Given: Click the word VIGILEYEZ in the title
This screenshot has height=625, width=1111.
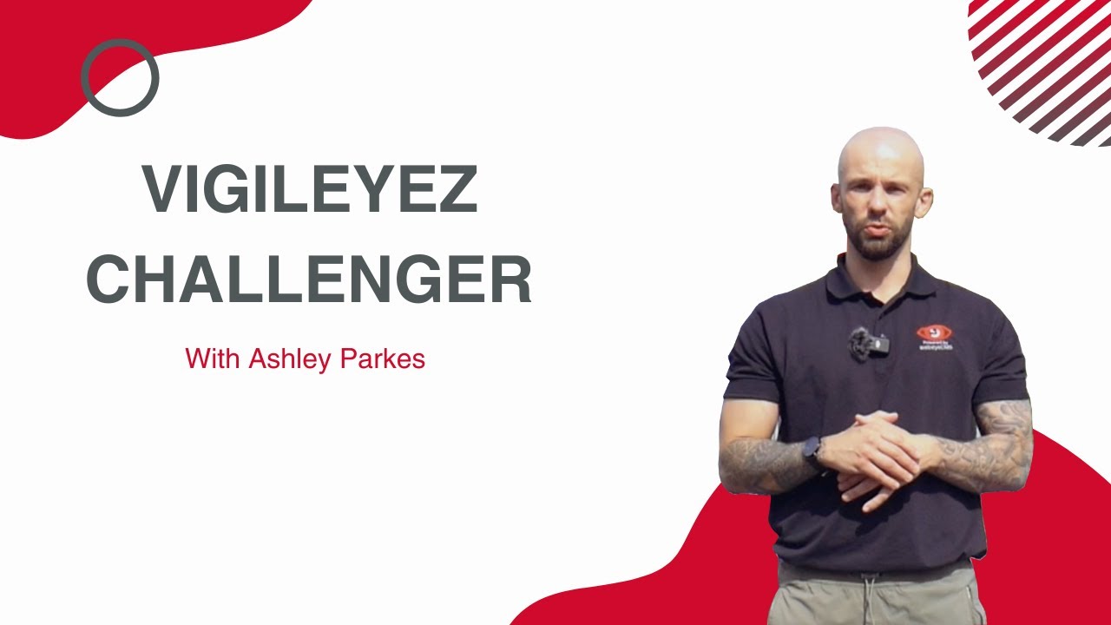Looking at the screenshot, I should [310, 190].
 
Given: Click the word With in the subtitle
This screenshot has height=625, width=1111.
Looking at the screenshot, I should [214, 359].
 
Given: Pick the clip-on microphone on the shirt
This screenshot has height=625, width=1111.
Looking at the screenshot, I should [868, 343].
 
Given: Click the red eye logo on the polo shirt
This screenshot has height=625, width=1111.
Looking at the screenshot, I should [934, 333].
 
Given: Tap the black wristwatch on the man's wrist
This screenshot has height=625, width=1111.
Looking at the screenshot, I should [813, 454].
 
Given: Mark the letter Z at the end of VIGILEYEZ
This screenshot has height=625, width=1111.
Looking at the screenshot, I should [457, 190].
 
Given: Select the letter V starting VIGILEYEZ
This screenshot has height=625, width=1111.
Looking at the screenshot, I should [162, 190].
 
